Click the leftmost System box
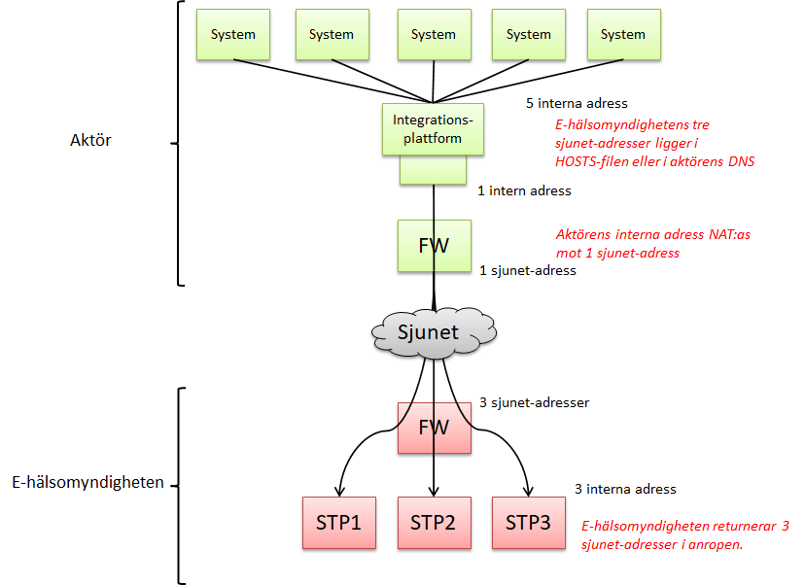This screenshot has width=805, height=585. tap(233, 35)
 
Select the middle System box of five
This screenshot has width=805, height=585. tap(434, 35)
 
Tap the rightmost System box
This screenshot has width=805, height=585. tap(623, 35)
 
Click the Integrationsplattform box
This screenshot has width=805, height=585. tap(434, 129)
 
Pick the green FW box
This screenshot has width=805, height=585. tap(434, 246)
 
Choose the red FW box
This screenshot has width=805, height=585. tap(434, 428)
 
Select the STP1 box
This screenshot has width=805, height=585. tap(338, 523)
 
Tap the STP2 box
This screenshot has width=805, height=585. tap(434, 523)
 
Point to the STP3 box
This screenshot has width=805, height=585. tap(528, 523)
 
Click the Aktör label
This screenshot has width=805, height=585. tap(91, 140)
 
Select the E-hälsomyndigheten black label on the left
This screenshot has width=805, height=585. tap(87, 481)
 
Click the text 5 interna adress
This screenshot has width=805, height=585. tap(577, 103)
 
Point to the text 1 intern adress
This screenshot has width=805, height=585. tap(524, 191)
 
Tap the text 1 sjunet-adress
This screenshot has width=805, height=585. tap(528, 270)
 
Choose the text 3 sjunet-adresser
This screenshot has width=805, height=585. tap(534, 401)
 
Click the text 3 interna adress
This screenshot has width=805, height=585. tap(625, 489)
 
